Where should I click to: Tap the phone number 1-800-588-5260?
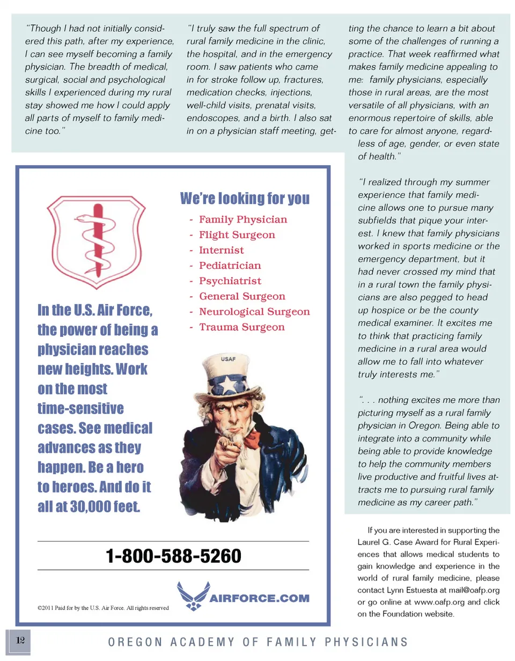(x=174, y=555)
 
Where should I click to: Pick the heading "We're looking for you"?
(x=245, y=199)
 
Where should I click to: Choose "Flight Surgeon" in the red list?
(x=237, y=235)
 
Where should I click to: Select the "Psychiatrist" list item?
(x=230, y=281)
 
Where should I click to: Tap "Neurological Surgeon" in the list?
(x=254, y=312)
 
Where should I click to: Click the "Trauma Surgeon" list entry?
(x=241, y=327)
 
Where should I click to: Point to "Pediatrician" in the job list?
(x=230, y=266)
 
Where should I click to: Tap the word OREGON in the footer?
(x=126, y=642)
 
